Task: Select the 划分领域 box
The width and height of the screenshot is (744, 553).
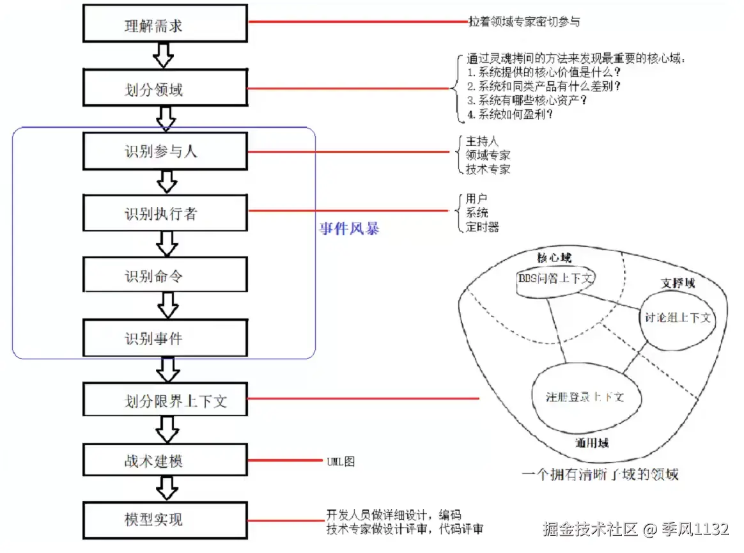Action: coord(166,88)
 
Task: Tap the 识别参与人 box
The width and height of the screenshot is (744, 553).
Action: coord(166,152)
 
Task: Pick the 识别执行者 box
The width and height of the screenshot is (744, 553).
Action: coord(166,214)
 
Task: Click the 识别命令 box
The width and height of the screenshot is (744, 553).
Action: coord(166,276)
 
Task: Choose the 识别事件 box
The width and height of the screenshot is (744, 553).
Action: coord(166,338)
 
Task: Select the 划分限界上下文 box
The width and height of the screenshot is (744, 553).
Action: coord(166,400)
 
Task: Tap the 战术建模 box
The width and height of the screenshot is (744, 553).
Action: coord(166,460)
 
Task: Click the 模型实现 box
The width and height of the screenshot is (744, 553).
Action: coord(166,518)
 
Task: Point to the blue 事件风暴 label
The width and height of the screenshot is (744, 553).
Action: coord(349,229)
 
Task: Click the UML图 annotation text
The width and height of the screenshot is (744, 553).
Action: coord(339,460)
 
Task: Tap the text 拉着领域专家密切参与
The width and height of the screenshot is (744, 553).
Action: coord(523,22)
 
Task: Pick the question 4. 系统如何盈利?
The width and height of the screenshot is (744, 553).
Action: coord(510,114)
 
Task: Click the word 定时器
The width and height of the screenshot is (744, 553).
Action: coord(483,227)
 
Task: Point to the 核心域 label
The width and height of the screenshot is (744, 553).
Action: coord(554,258)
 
